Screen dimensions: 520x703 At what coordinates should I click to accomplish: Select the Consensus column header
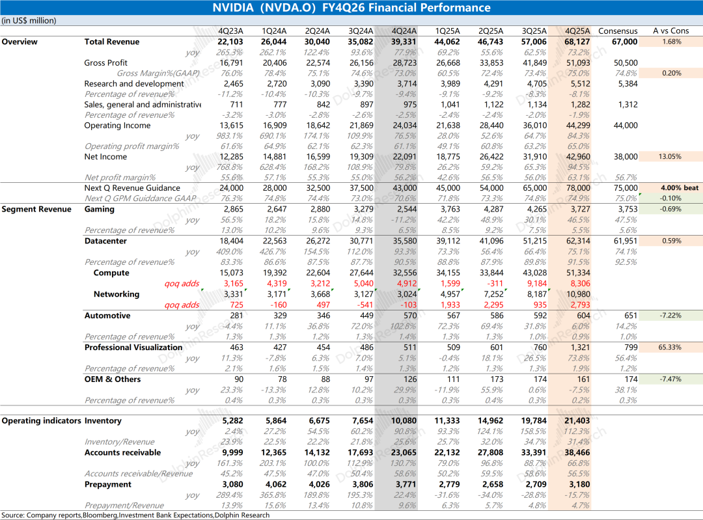tap(618, 31)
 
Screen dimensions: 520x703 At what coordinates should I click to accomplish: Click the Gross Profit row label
tap(106, 63)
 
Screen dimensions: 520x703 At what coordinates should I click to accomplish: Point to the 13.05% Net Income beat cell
tap(670, 156)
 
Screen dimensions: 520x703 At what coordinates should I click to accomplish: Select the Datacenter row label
tap(105, 241)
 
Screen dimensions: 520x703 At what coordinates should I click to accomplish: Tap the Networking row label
tap(117, 294)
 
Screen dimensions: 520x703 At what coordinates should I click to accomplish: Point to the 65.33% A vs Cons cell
tap(670, 347)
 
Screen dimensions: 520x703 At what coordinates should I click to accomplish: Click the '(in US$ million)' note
tap(29, 21)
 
